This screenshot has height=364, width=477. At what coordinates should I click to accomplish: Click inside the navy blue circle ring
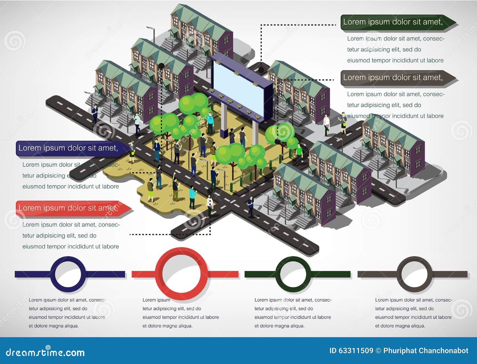(x=68, y=274)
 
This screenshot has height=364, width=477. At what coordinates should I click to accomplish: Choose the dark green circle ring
(x=293, y=274)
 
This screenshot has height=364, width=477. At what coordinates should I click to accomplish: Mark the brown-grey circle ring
(x=416, y=274)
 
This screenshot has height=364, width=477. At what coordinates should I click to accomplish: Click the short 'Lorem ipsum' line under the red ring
(x=156, y=300)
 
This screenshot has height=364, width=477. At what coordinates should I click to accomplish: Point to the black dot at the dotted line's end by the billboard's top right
(x=261, y=70)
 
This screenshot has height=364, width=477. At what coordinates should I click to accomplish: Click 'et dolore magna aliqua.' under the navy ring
(x=54, y=326)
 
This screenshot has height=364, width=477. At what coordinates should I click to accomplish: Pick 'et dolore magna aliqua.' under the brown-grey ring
(x=400, y=326)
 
